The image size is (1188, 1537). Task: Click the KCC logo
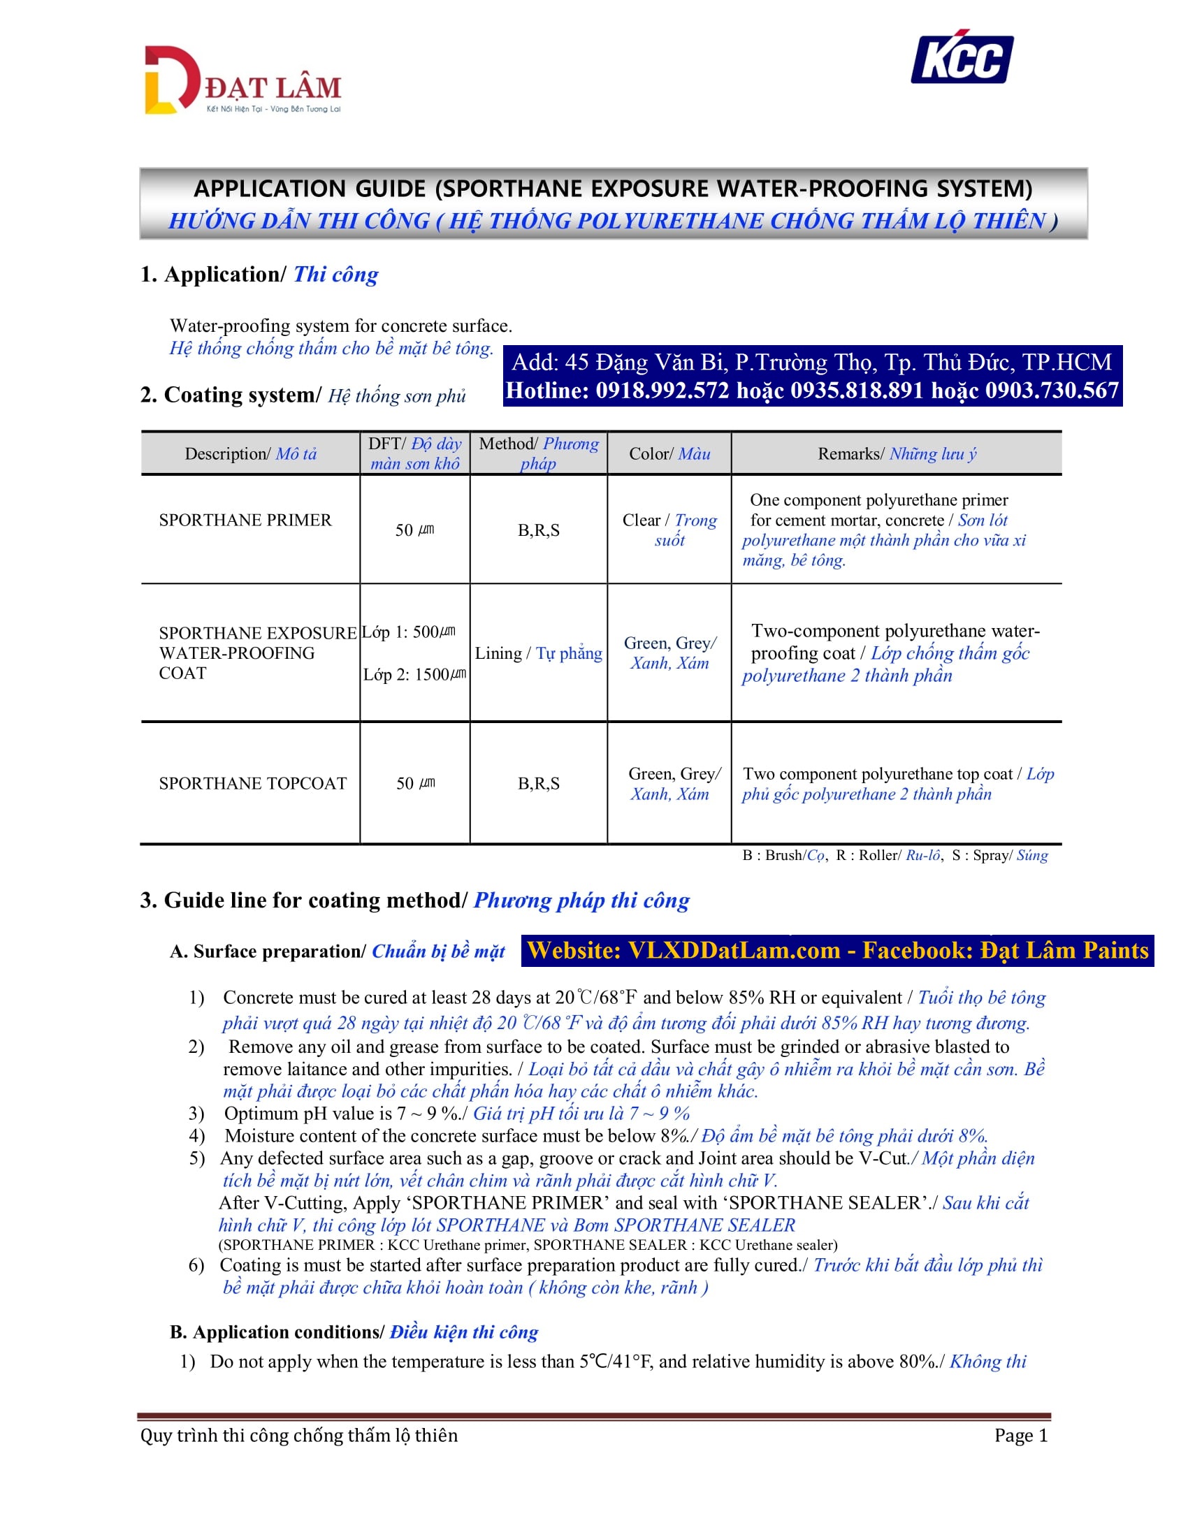point(962,58)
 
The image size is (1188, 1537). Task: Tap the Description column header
point(251,454)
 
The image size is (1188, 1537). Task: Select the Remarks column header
point(897,454)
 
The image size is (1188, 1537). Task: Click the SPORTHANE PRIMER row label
point(245,520)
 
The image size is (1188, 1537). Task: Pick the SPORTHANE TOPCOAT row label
point(253,783)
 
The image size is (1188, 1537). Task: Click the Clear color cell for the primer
point(669,530)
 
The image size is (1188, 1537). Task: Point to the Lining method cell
point(538,653)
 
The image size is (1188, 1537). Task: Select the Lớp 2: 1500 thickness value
point(414,674)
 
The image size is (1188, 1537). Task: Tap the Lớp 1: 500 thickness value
point(409,632)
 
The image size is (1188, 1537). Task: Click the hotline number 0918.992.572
point(662,391)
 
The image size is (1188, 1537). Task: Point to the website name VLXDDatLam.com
point(734,951)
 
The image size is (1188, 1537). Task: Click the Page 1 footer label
point(1020,1435)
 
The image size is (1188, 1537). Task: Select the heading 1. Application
point(259,275)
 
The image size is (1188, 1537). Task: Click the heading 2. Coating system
point(303,395)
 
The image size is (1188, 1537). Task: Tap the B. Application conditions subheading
point(354,1332)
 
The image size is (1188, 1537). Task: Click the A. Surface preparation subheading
point(337,952)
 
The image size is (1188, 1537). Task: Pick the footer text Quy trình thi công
point(298,1435)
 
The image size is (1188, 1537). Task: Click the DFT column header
point(414,453)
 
